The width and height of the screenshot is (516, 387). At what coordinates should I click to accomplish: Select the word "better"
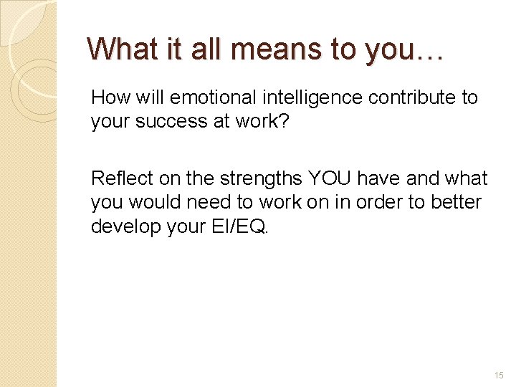[456, 202]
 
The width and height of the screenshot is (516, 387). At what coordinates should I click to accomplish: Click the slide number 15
[499, 375]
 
